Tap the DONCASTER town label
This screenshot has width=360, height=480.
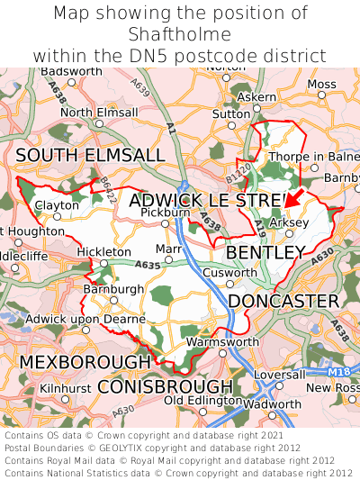[x=283, y=300]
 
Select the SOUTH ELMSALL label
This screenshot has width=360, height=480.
[x=90, y=156]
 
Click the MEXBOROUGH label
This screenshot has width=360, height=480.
[x=85, y=361]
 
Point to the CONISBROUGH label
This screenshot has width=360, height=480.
[x=165, y=386]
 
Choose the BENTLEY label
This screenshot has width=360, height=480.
[x=265, y=252]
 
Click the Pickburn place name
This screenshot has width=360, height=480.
[x=166, y=213]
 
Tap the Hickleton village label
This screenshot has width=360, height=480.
[x=104, y=252]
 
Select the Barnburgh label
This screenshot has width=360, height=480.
[x=112, y=289]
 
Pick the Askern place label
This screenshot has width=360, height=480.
[x=257, y=96]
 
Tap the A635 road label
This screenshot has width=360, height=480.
[x=148, y=266]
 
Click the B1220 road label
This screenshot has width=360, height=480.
[x=238, y=169]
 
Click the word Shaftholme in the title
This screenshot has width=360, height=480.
[x=180, y=34]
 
